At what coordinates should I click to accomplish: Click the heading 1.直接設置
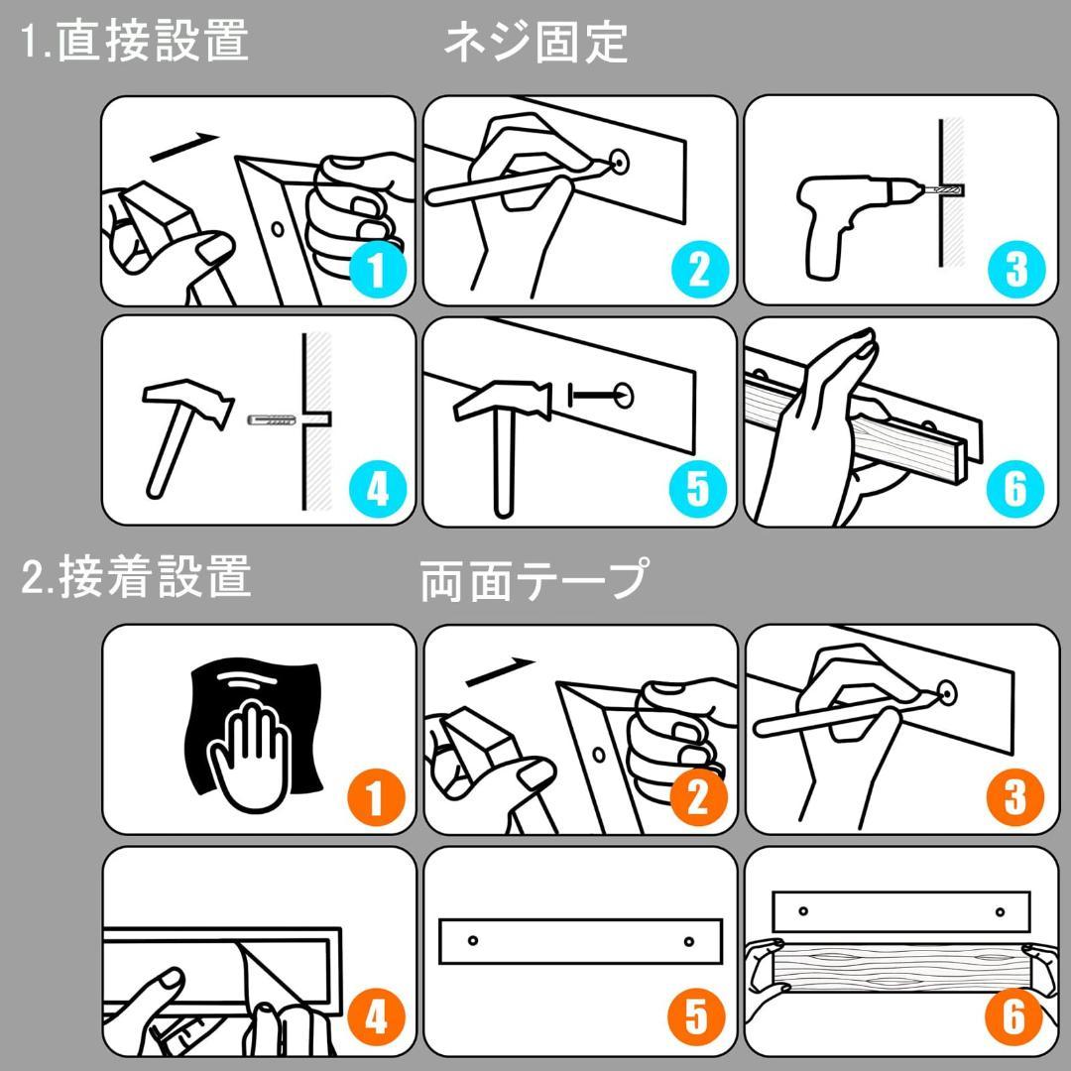pos(135,43)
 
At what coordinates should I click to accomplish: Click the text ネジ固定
pos(535,43)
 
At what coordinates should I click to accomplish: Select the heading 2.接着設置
pos(136,578)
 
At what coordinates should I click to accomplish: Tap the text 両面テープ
pos(535,580)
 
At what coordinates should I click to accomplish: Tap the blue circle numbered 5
pos(697,487)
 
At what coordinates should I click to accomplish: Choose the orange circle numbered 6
pos(1015,1017)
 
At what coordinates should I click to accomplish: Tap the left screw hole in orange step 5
pos(473,939)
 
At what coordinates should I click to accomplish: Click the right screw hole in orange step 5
pos(687,939)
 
